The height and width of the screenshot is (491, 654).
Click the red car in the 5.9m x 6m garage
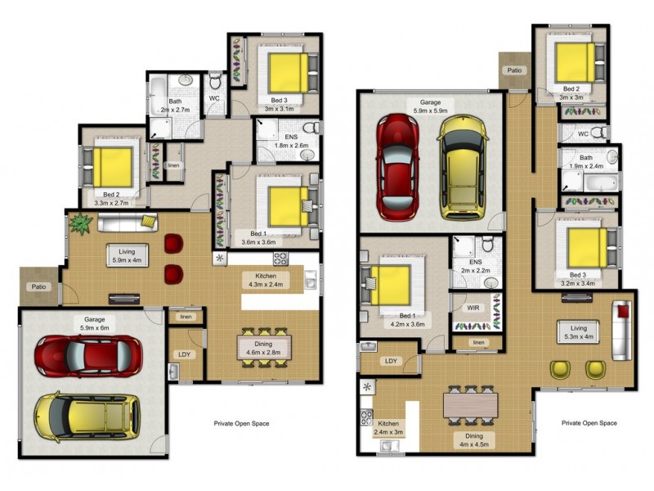[x=83, y=355]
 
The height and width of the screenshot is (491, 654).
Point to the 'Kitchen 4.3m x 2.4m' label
[x=263, y=281]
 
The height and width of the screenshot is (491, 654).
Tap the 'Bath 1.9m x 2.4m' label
[x=586, y=161]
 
